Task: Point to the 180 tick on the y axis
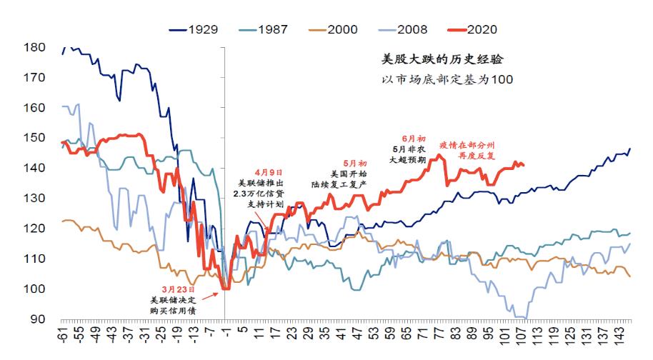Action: pos(35,48)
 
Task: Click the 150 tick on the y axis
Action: pos(35,138)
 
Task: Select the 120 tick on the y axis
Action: pos(35,229)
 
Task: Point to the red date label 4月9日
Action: pos(268,172)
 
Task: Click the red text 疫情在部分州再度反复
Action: pos(466,149)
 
